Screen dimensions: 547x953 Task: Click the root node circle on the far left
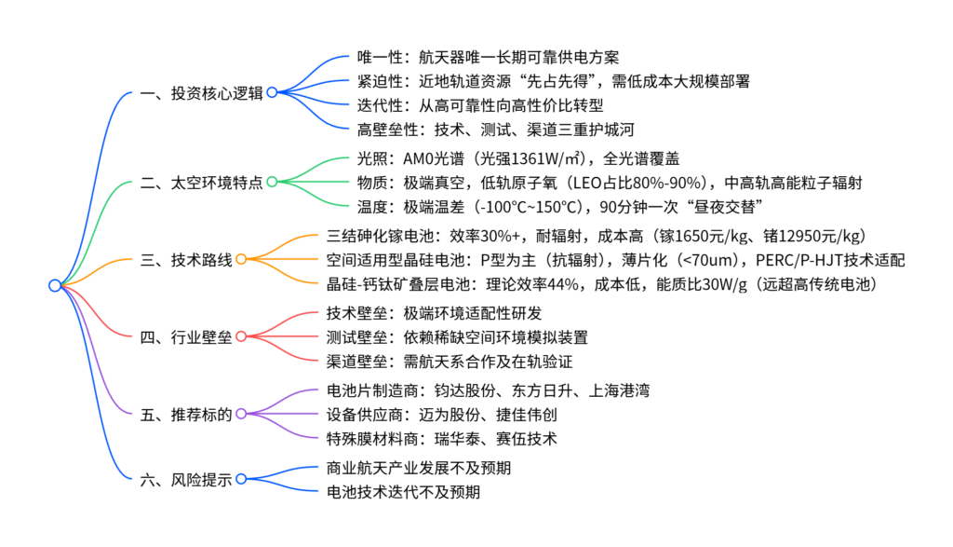point(54,285)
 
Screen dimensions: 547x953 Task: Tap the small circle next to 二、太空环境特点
point(272,182)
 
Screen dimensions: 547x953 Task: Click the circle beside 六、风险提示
point(240,479)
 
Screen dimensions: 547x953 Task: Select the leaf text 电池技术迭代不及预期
point(403,491)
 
